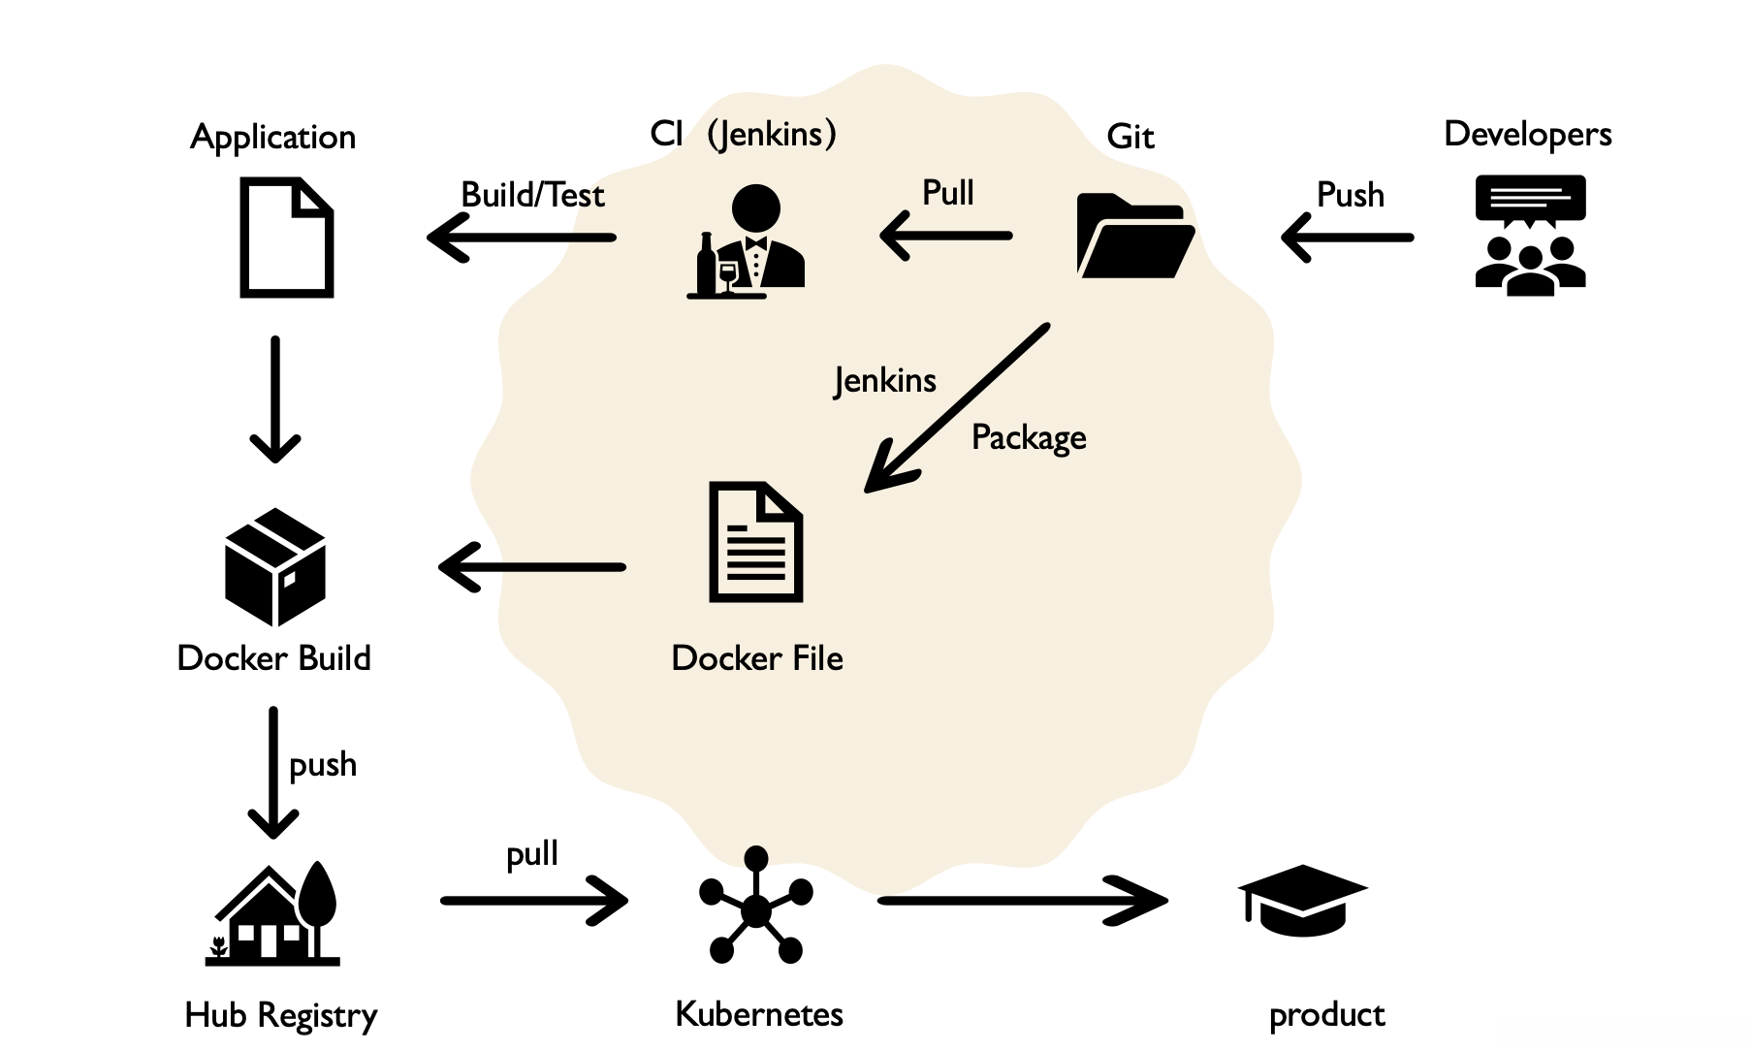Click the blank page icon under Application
286,238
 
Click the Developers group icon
1530,235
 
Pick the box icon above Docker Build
275,566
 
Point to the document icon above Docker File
755,542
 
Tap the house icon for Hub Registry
273,914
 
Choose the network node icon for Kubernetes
755,908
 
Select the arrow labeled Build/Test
522,238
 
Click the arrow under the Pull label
945,236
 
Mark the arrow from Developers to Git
1347,238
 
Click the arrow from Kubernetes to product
1022,901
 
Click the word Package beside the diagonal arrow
1029,438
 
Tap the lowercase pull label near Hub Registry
532,854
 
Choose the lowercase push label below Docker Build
323,765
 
